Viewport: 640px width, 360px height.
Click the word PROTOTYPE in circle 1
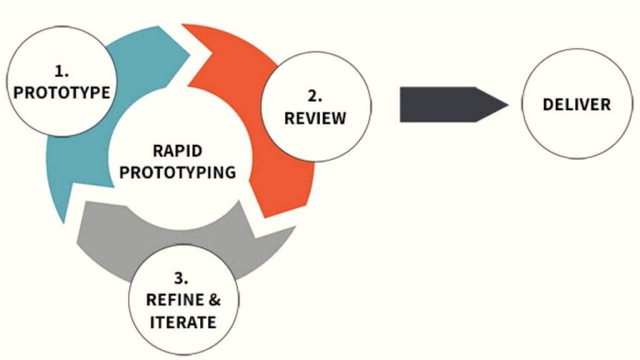[x=62, y=93]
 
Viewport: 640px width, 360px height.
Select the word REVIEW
[x=315, y=118]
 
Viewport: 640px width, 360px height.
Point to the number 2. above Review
[x=315, y=97]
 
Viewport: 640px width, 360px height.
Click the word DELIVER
[x=576, y=104]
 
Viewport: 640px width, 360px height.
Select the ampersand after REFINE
[x=214, y=300]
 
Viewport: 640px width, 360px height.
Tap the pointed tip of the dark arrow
[x=507, y=104]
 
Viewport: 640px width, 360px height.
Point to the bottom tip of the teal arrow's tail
[x=63, y=222]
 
